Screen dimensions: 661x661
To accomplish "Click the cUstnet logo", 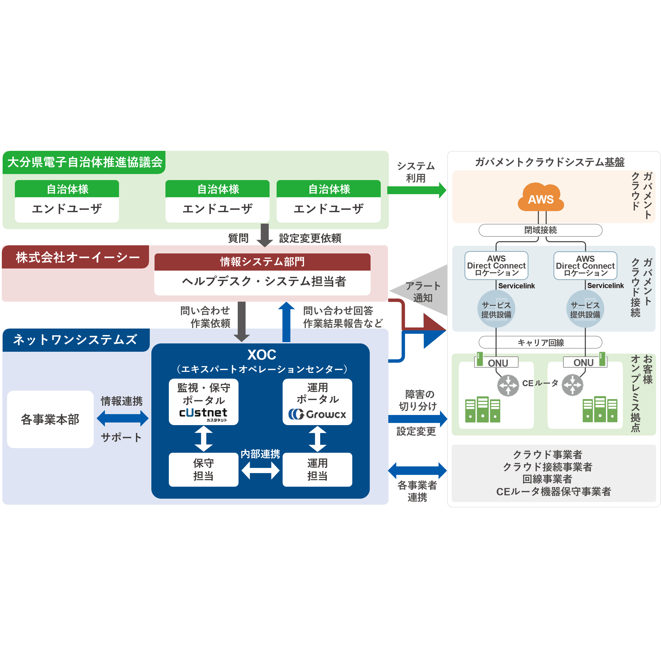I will coord(203,413).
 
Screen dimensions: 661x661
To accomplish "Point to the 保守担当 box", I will coord(203,469).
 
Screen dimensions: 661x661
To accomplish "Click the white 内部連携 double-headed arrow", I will coord(260,471).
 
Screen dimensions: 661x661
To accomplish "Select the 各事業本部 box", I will coord(50,419).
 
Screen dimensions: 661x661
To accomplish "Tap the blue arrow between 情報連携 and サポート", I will coord(122,418).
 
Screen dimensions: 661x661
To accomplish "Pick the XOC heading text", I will coord(262,355).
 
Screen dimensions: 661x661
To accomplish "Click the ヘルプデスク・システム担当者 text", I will coord(264,282).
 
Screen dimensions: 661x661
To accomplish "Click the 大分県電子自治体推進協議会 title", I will coord(85,162).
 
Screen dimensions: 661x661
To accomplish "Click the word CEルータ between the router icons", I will coord(540,383).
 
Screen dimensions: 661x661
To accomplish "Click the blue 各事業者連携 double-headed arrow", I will coord(418,471).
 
